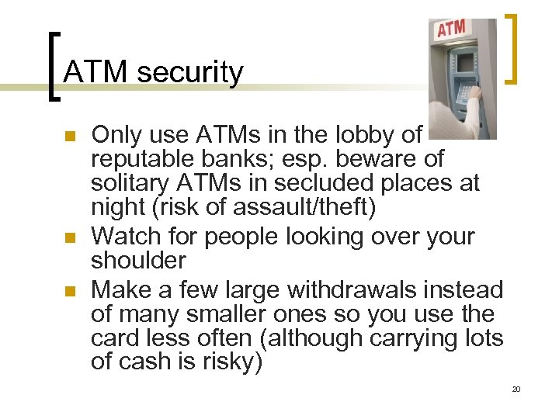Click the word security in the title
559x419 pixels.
pos(189,72)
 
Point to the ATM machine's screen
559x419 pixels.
pos(467,62)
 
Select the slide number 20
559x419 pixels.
pos(516,389)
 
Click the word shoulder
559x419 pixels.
pos(138,261)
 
